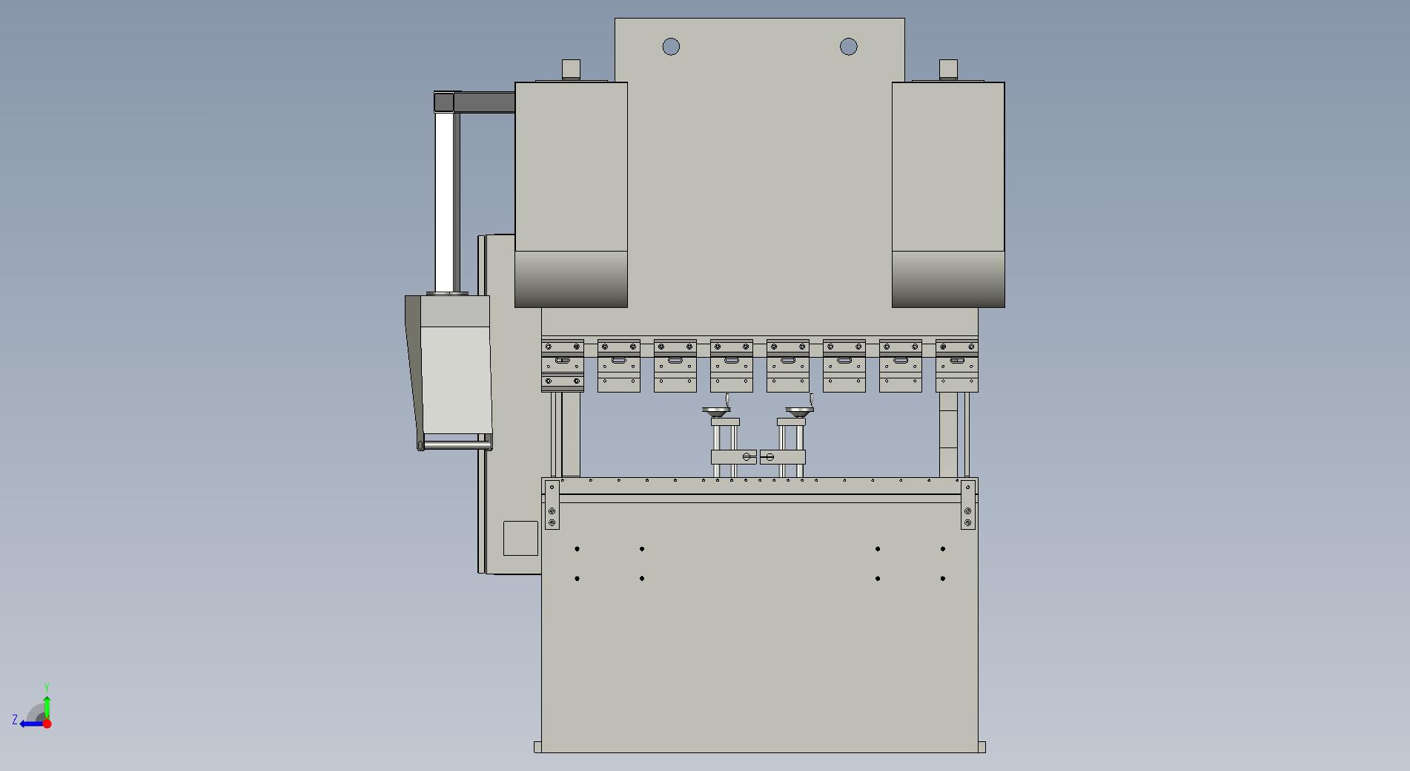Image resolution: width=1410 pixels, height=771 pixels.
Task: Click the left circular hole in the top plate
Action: tap(671, 47)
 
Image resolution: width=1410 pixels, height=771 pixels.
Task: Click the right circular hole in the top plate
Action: tap(849, 47)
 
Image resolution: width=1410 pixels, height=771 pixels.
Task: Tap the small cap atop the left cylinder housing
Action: tap(571, 68)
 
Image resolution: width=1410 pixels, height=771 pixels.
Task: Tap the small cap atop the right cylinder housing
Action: tap(948, 68)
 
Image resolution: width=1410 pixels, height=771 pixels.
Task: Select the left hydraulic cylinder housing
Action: tap(571, 194)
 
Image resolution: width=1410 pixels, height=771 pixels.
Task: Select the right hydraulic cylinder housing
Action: tap(948, 194)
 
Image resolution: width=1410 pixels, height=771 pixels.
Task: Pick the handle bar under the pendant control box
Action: tap(454, 445)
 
